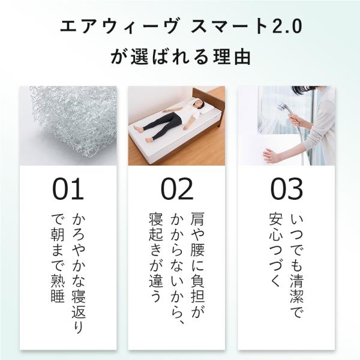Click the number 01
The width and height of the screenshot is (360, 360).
tap(68, 189)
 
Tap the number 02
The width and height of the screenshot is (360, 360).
tap(176, 189)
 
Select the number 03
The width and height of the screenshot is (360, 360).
tap(286, 189)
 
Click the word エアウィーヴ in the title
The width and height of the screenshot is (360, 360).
tap(119, 26)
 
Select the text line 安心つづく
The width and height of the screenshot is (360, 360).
tap(275, 250)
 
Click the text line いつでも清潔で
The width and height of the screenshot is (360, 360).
tap(297, 266)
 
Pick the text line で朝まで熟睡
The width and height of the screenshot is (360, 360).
tap(58, 258)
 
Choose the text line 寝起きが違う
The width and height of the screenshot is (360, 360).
tap(156, 257)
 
